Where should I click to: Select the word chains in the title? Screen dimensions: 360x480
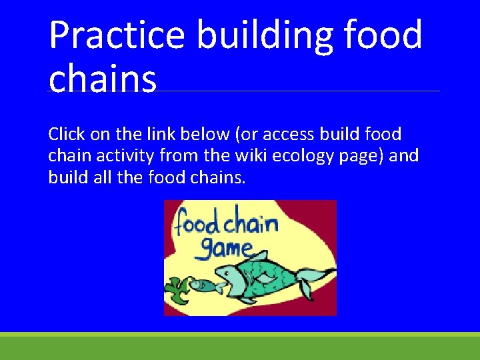(103, 79)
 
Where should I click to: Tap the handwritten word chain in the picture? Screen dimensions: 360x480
(253, 221)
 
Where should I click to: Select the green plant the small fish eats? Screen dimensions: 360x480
(175, 288)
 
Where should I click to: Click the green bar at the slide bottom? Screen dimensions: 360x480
(240, 347)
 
